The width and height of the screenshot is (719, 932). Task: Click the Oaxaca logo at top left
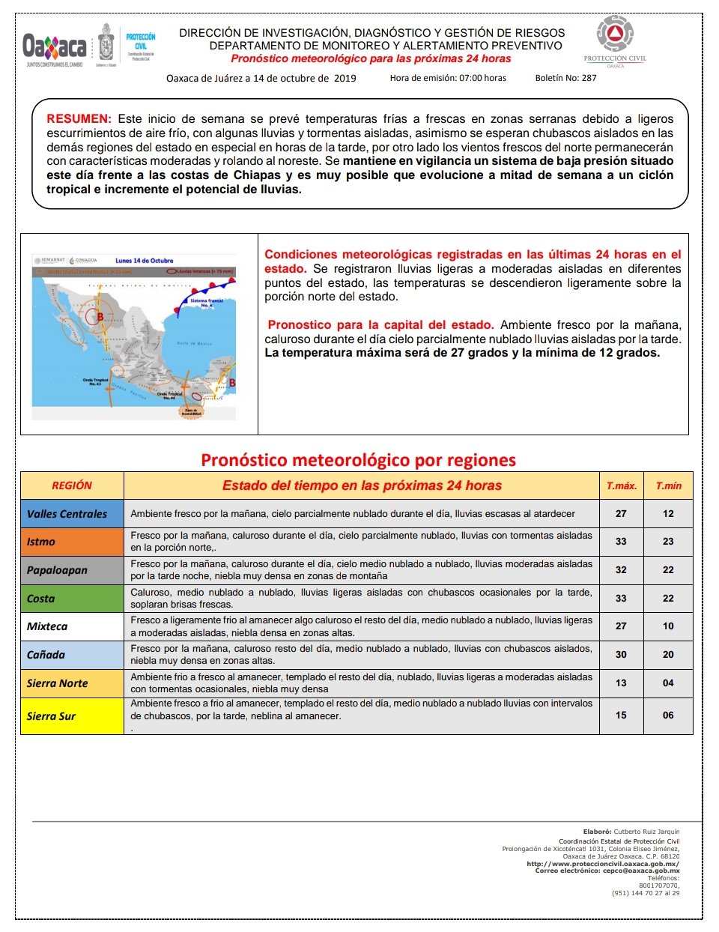(x=55, y=47)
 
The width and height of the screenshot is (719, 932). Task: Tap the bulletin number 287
(x=589, y=78)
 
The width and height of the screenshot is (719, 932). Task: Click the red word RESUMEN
(x=78, y=119)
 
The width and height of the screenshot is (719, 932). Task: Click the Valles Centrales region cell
(x=72, y=514)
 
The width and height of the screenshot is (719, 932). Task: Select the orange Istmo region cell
(x=72, y=542)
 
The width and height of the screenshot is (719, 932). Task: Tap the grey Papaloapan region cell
(x=72, y=570)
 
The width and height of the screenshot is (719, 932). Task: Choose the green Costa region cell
(x=72, y=599)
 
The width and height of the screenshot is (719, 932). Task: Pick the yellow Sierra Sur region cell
(x=72, y=715)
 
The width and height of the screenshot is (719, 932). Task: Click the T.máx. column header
(x=621, y=485)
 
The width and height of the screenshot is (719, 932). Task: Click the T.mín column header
(x=668, y=485)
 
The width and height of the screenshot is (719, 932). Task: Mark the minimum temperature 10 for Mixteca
(x=668, y=626)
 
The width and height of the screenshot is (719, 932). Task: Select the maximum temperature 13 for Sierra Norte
(x=621, y=683)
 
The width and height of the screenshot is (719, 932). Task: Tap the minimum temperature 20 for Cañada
(x=668, y=654)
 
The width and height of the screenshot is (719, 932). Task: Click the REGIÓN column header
(x=72, y=485)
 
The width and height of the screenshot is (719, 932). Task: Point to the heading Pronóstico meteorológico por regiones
(x=358, y=460)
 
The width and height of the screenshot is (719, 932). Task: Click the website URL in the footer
(x=603, y=864)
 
